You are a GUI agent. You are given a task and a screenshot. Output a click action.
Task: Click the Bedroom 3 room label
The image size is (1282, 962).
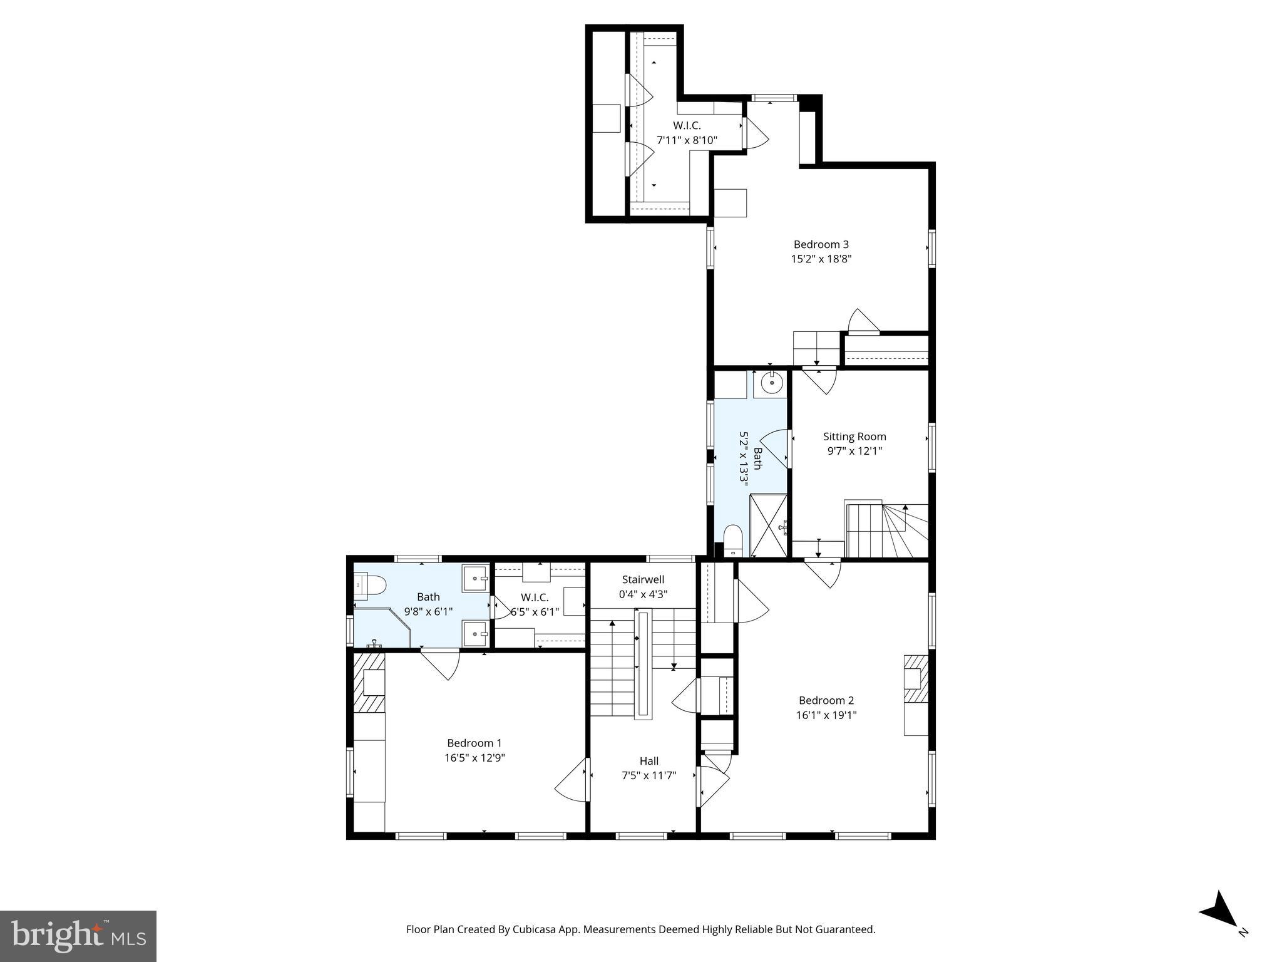pos(821,244)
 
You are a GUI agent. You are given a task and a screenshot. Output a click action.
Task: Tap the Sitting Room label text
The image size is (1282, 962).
pos(854,437)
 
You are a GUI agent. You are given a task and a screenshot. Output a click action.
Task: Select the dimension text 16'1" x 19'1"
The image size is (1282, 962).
pos(826,715)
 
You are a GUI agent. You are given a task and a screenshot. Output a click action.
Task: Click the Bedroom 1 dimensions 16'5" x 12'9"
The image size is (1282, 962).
pos(474,757)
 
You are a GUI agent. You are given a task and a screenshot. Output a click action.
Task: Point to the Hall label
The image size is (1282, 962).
pos(649,761)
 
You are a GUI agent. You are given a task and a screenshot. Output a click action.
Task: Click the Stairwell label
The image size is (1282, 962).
pos(643,579)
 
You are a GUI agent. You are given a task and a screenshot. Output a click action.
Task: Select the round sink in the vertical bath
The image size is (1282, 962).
pos(772,382)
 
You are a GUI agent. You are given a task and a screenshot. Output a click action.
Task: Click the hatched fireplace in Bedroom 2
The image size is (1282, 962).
pos(915,679)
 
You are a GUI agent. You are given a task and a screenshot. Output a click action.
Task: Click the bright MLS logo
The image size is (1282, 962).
pos(78,936)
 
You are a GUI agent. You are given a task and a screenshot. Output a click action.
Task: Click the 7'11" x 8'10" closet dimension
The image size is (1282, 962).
pos(687,140)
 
